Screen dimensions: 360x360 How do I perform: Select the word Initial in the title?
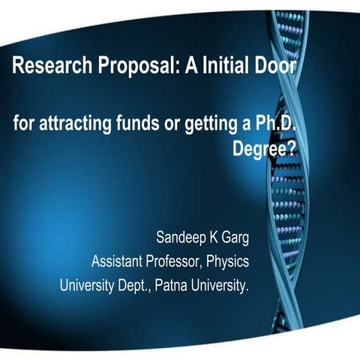click(227, 68)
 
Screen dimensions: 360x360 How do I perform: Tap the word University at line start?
click(87, 285)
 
